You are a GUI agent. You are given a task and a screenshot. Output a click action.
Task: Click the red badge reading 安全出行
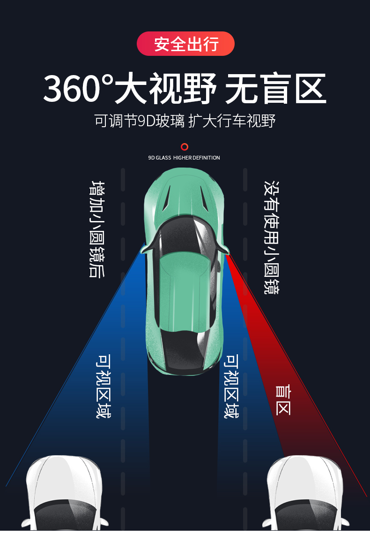pyautogui.click(x=185, y=44)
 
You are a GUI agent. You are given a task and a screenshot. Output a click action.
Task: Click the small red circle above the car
pyautogui.click(x=185, y=147)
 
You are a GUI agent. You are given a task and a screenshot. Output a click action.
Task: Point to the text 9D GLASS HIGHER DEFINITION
pyautogui.click(x=184, y=158)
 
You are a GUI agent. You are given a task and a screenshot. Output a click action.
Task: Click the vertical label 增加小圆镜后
pyautogui.click(x=97, y=229)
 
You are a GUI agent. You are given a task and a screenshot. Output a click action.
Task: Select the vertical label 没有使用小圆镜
pyautogui.click(x=271, y=238)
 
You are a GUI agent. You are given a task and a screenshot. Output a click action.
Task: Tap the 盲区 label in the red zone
pyautogui.click(x=283, y=400)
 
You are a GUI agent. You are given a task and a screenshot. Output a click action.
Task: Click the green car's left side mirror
pyautogui.click(x=143, y=249)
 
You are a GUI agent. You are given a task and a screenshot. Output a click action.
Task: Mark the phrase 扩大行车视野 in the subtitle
pyautogui.click(x=232, y=121)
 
